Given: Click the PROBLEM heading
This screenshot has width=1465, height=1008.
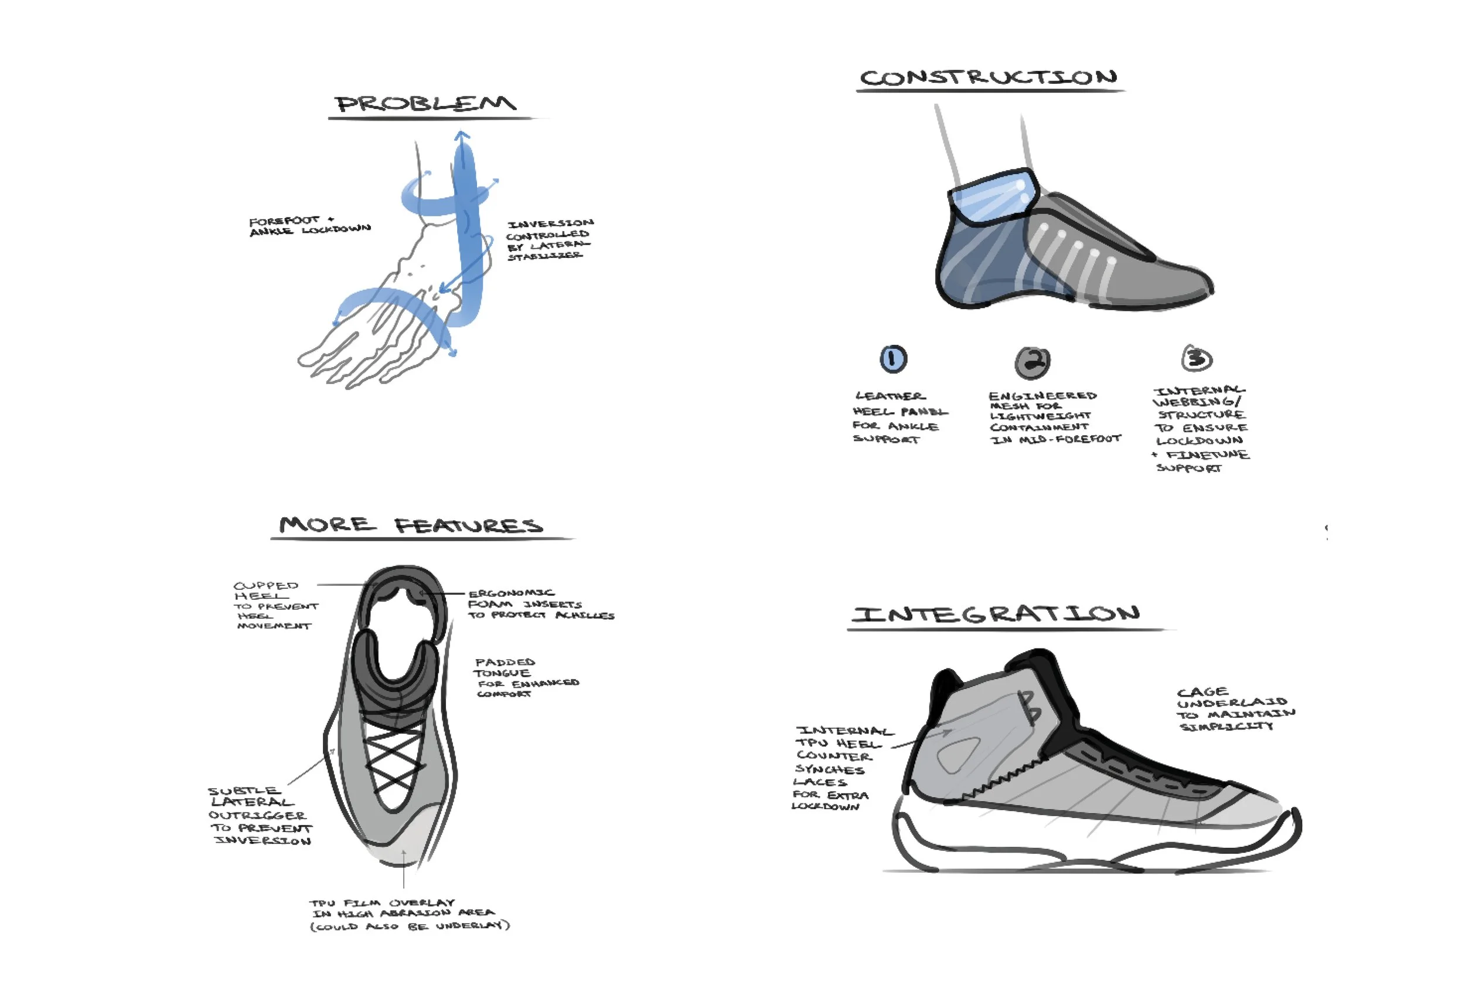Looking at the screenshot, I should pos(425,104).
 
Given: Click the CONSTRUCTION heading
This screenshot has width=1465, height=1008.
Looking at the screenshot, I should pos(988,77).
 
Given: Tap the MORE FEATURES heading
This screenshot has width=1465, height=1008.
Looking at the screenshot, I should pos(411,525).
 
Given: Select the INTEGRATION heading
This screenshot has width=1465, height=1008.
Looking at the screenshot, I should pos(996,614).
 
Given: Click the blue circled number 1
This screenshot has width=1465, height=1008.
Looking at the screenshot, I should pos(892,359).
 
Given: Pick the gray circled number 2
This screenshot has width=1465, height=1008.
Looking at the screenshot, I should pos(1032,361).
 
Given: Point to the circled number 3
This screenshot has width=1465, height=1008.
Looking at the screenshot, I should pos(1196,358).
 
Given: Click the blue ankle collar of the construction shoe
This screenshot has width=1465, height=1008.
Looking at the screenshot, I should pos(993,195).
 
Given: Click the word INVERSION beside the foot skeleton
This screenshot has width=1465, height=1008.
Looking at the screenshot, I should pos(550,223).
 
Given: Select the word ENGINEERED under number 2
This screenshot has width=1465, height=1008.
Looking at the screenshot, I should pos(1042,395).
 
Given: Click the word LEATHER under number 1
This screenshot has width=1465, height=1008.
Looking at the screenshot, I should pos(890,396).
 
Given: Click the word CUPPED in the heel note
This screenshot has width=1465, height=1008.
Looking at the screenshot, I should pos(265,585).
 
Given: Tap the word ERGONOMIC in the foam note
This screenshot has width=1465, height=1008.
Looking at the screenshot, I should pos(511,593).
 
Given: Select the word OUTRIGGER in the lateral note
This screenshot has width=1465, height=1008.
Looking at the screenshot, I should pos(257,815).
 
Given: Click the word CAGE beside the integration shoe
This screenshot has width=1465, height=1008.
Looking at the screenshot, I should pos(1202,691).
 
